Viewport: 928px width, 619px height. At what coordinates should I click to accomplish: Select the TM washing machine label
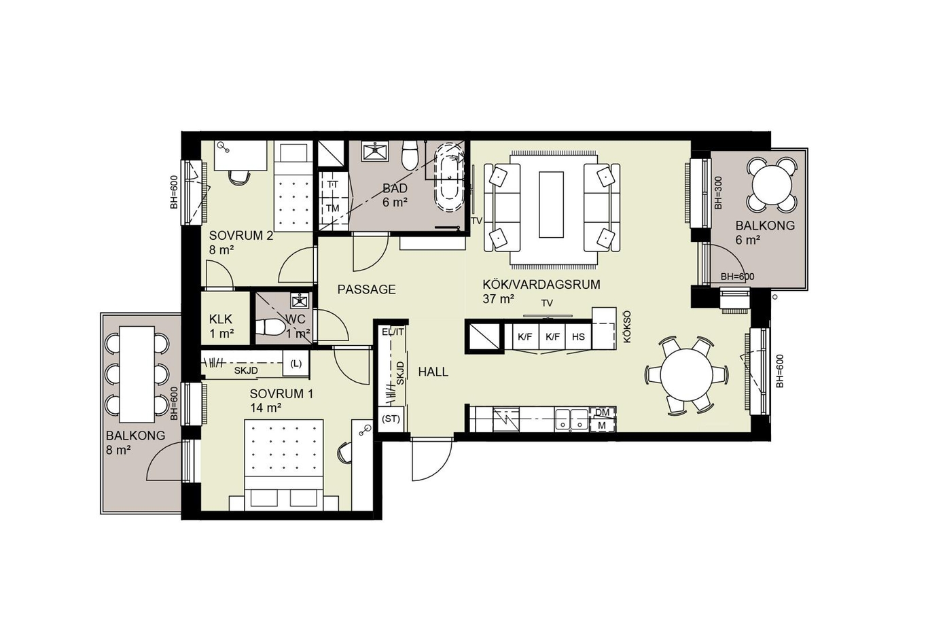333,208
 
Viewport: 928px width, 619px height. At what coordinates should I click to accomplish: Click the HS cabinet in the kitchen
578,336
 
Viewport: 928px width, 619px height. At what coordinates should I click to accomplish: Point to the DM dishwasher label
602,412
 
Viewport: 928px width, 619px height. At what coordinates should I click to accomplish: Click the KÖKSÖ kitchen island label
626,330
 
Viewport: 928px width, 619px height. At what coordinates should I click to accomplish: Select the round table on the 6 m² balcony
771,185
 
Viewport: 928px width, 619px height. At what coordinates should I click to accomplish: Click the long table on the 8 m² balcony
137,374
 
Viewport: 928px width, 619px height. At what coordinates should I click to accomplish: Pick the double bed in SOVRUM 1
284,465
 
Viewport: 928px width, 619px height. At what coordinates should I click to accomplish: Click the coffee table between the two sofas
551,205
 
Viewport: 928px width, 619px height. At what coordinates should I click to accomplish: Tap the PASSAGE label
366,289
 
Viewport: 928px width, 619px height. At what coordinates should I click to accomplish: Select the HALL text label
433,372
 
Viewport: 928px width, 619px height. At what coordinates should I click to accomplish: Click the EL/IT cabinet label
393,332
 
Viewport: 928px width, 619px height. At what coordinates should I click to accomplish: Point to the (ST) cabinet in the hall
391,419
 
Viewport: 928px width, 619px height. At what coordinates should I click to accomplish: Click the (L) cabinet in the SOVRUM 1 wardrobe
296,364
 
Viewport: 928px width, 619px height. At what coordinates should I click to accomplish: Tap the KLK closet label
220,319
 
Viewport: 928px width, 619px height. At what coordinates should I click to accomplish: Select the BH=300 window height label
718,193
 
